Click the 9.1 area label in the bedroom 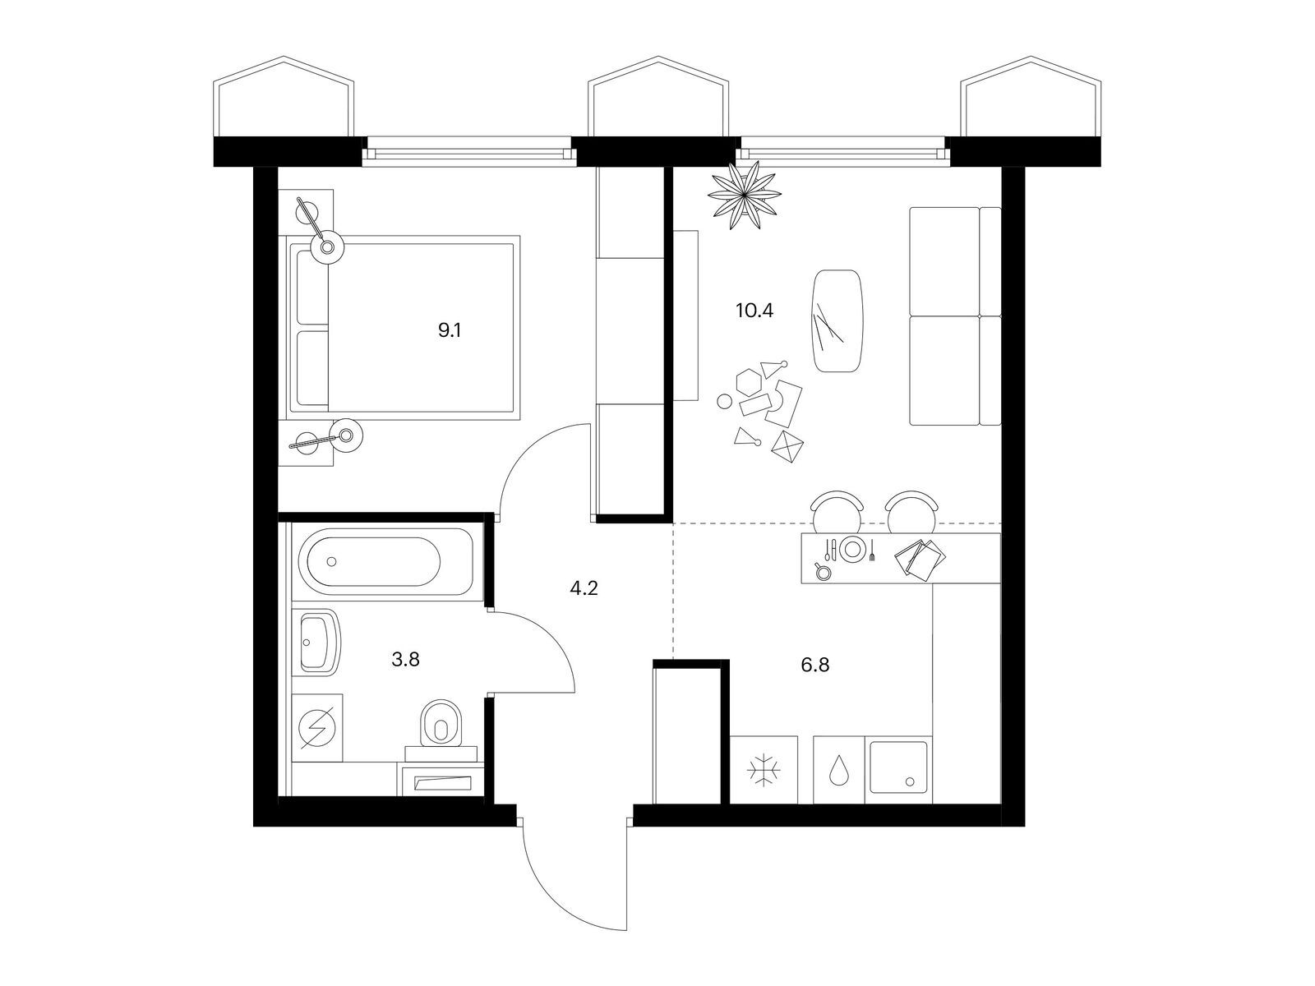450,329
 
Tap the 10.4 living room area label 754,311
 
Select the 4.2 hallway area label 584,588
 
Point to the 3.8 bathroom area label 405,661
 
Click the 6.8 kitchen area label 814,665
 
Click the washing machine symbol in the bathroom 317,727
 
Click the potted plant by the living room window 744,194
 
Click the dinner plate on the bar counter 852,548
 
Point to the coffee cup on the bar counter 822,570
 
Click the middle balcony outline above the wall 658,96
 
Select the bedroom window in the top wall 469,154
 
